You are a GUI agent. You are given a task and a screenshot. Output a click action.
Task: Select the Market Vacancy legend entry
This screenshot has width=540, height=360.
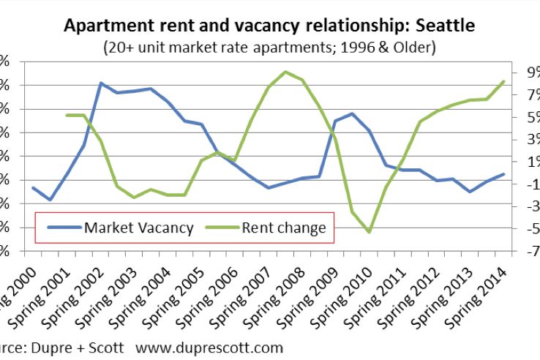(138, 228)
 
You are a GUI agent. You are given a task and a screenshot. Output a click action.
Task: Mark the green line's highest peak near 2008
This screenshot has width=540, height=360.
(285, 72)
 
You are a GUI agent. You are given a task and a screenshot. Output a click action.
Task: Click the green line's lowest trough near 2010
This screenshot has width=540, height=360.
(370, 232)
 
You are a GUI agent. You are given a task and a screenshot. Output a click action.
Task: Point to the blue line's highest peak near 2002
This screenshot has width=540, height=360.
(101, 83)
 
